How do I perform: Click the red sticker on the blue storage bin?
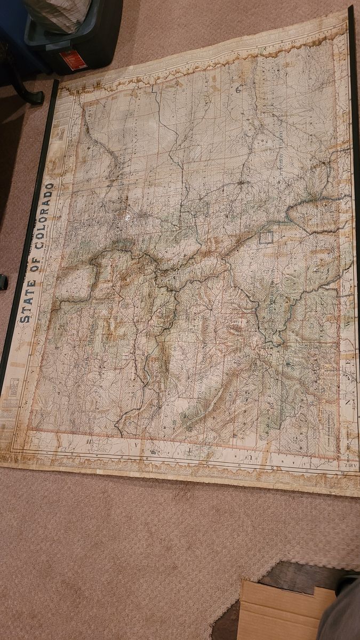click(73, 59)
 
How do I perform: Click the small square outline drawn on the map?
click(266, 236)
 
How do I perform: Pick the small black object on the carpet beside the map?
click(3, 282)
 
